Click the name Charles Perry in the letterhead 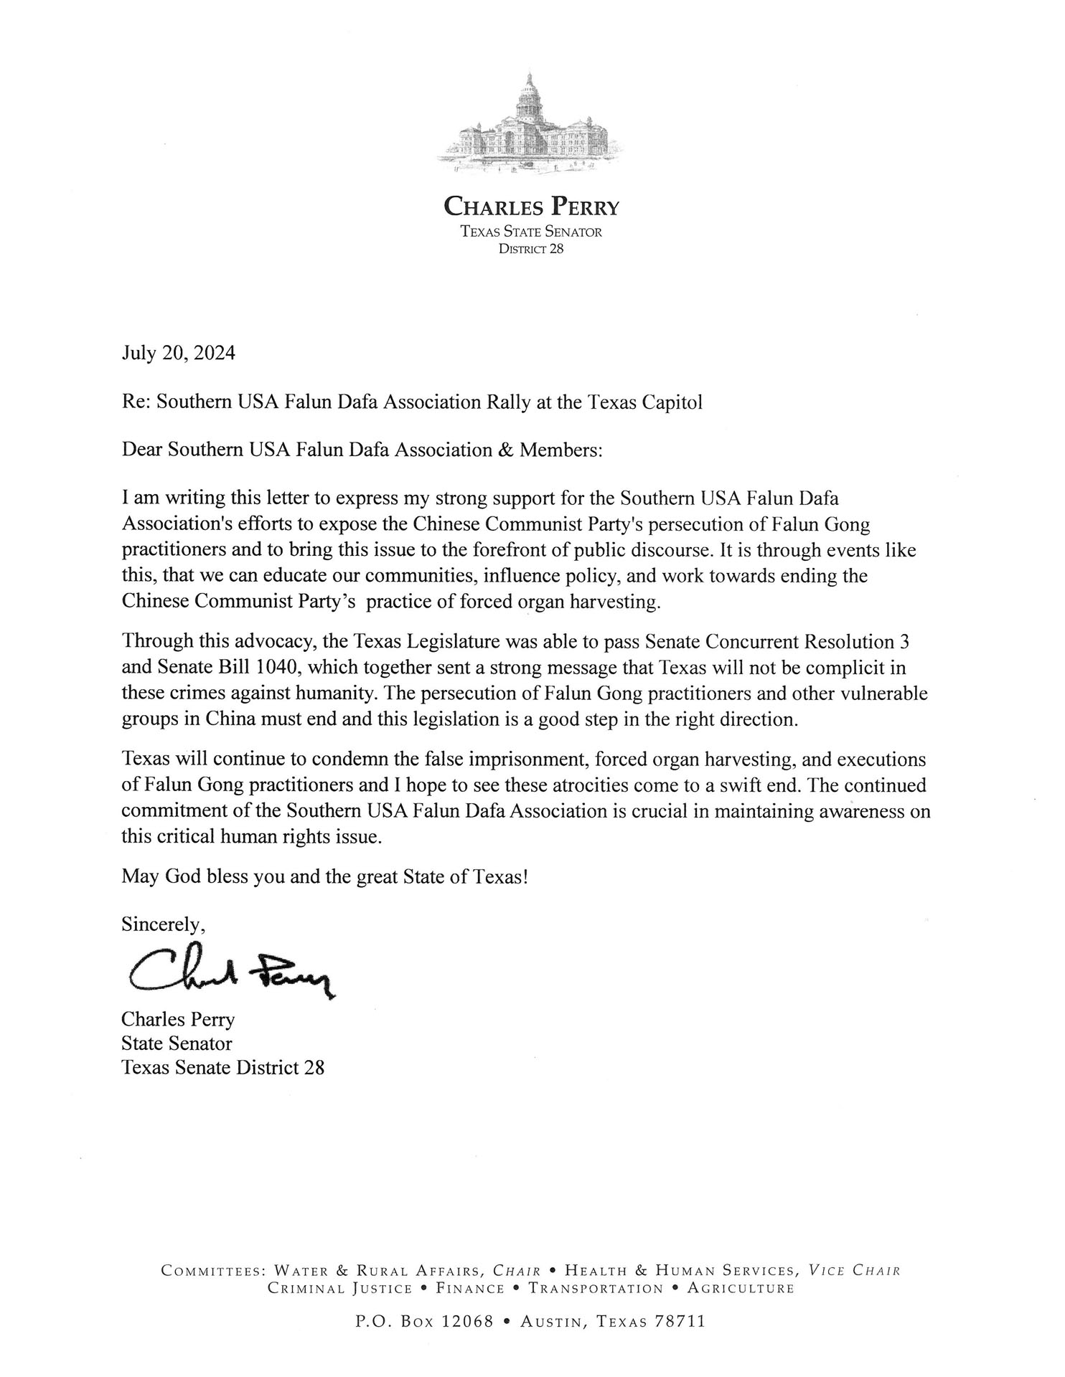coord(531,207)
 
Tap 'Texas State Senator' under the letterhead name coord(531,232)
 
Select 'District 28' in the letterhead coord(531,249)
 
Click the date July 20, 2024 coord(178,354)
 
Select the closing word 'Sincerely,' coord(164,924)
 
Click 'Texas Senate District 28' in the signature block coord(222,1067)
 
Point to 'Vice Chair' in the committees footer coord(854,1271)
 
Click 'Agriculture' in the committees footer coord(741,1288)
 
